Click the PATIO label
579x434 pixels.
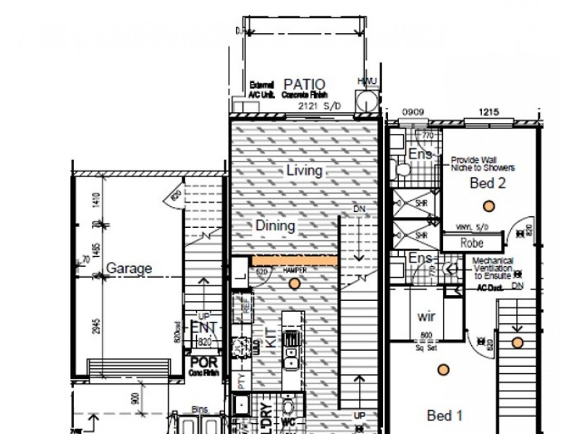point(305,85)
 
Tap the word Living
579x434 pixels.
point(304,171)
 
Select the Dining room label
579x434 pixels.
point(275,226)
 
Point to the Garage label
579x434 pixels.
point(130,268)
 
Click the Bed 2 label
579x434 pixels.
point(487,184)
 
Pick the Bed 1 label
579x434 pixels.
point(445,415)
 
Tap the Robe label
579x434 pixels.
point(472,243)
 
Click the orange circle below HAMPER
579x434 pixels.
point(294,284)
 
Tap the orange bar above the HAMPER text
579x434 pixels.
point(295,260)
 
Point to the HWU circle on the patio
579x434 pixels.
point(366,101)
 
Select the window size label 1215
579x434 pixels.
point(489,113)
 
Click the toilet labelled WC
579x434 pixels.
point(288,409)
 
